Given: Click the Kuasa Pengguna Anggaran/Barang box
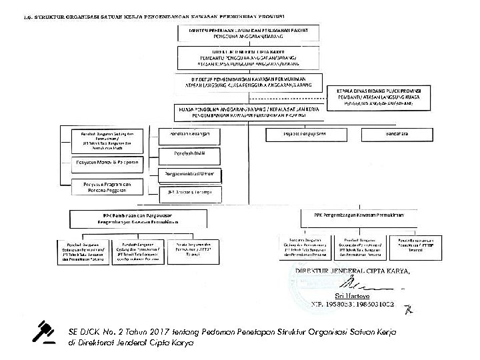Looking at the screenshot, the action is pyautogui.click(x=247, y=111).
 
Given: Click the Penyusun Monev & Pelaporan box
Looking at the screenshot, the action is pyautogui.click(x=107, y=162).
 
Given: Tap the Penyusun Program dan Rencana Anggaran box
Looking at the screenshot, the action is pyautogui.click(x=107, y=187).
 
